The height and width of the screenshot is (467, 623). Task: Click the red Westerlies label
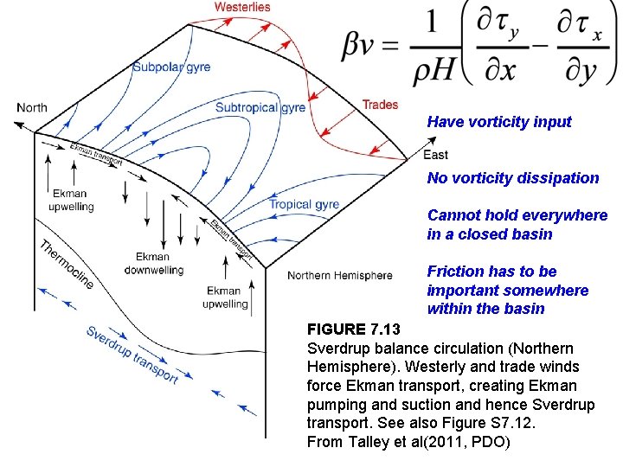click(242, 7)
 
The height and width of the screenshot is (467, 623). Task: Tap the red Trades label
click(380, 105)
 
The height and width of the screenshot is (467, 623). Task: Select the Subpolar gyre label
click(171, 67)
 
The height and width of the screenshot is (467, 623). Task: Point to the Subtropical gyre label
click(260, 108)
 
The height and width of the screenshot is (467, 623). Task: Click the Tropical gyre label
click(304, 205)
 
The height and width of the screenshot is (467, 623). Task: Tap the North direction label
click(32, 108)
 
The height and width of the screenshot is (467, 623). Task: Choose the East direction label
click(436, 155)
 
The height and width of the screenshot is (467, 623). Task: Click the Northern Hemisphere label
click(340, 276)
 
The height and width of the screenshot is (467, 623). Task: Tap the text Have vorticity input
click(499, 122)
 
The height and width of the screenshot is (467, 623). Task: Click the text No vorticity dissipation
click(512, 178)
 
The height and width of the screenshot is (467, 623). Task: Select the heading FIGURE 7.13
click(354, 329)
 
